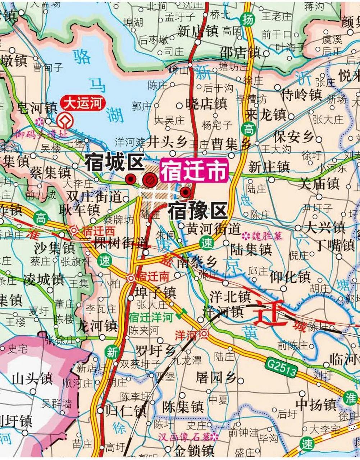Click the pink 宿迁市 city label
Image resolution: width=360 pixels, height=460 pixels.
click(x=194, y=170)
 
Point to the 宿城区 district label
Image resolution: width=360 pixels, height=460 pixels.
click(x=114, y=163)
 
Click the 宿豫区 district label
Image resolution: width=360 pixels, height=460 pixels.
click(x=197, y=211)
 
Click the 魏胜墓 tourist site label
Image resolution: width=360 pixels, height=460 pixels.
click(x=267, y=236)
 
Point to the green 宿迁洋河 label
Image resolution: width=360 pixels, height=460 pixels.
click(x=151, y=317)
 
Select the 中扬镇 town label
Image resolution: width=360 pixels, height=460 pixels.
click(x=316, y=405)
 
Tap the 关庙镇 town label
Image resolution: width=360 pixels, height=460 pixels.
click(x=319, y=184)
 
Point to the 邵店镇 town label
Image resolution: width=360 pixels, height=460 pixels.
click(x=240, y=53)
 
